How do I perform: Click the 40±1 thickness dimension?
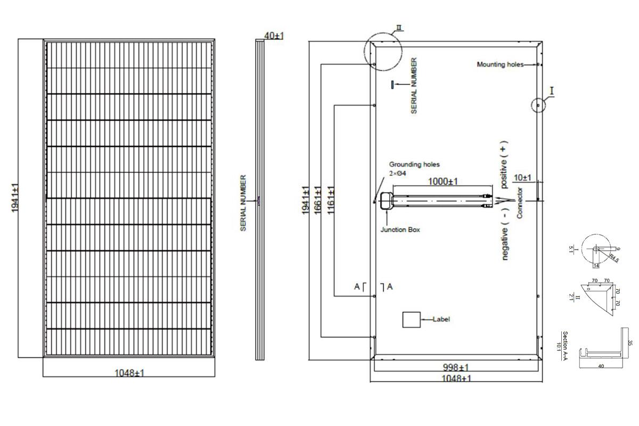[274, 36]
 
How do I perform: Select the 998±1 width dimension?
[457, 367]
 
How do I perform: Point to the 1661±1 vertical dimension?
[318, 200]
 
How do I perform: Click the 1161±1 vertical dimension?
[331, 199]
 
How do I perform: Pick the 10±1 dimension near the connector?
[523, 177]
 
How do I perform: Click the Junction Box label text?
[400, 230]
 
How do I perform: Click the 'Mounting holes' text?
[500, 64]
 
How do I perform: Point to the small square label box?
[411, 319]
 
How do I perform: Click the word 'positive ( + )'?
[504, 164]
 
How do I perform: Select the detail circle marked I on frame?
[539, 105]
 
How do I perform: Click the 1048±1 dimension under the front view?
[129, 373]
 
